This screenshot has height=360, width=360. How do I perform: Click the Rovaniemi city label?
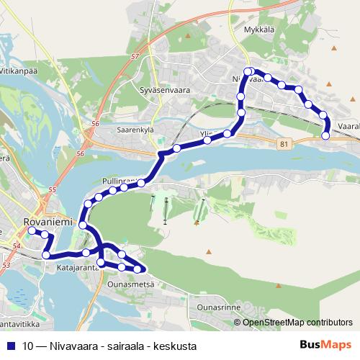(x=48, y=222)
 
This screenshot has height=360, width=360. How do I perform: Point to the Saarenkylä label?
(x=137, y=131)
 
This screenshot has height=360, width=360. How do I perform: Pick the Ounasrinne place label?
(x=219, y=307)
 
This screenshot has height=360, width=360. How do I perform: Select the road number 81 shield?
(x=284, y=144)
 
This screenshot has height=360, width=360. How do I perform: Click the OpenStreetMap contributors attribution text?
(x=297, y=323)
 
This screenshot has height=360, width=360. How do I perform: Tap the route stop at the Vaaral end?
(x=325, y=135)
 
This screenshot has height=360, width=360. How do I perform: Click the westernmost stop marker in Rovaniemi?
(x=31, y=231)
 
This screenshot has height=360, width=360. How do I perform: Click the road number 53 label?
(x=6, y=266)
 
